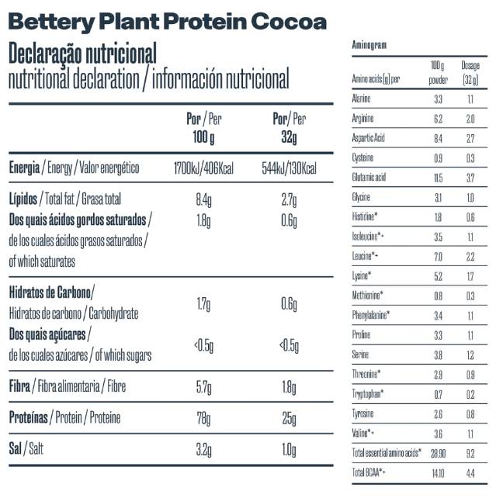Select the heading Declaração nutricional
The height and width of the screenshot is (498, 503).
point(82,54)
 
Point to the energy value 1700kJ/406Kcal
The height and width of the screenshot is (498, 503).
point(205,168)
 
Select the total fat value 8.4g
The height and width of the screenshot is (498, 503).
point(204,199)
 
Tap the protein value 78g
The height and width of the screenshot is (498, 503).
point(204,419)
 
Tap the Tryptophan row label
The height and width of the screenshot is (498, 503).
point(368,393)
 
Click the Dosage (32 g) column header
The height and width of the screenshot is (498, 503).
point(470,72)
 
